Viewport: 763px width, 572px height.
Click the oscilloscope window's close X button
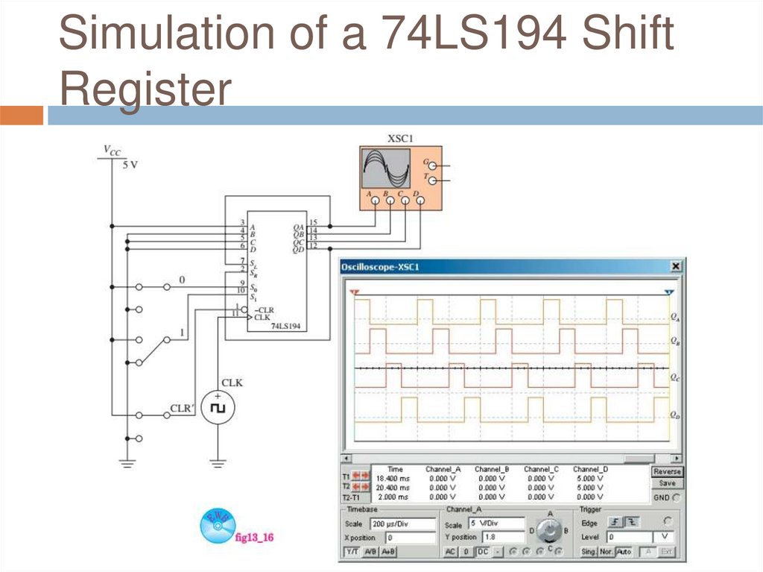point(676,266)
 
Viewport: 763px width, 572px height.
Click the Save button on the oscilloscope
point(667,483)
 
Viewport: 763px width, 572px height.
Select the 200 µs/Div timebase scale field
point(402,524)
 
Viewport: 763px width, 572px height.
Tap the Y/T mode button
point(352,552)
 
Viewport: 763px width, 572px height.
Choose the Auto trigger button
point(624,552)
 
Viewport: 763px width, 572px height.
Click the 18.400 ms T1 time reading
point(392,478)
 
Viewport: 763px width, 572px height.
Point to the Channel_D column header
point(590,469)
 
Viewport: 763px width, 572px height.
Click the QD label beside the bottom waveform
point(674,415)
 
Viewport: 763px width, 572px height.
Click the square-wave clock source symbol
point(218,409)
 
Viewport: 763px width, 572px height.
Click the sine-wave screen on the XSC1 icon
point(385,168)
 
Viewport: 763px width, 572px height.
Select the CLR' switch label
point(182,409)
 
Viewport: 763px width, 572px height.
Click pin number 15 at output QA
point(313,222)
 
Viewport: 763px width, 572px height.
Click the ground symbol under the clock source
point(218,463)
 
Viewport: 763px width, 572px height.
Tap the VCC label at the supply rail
point(111,151)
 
